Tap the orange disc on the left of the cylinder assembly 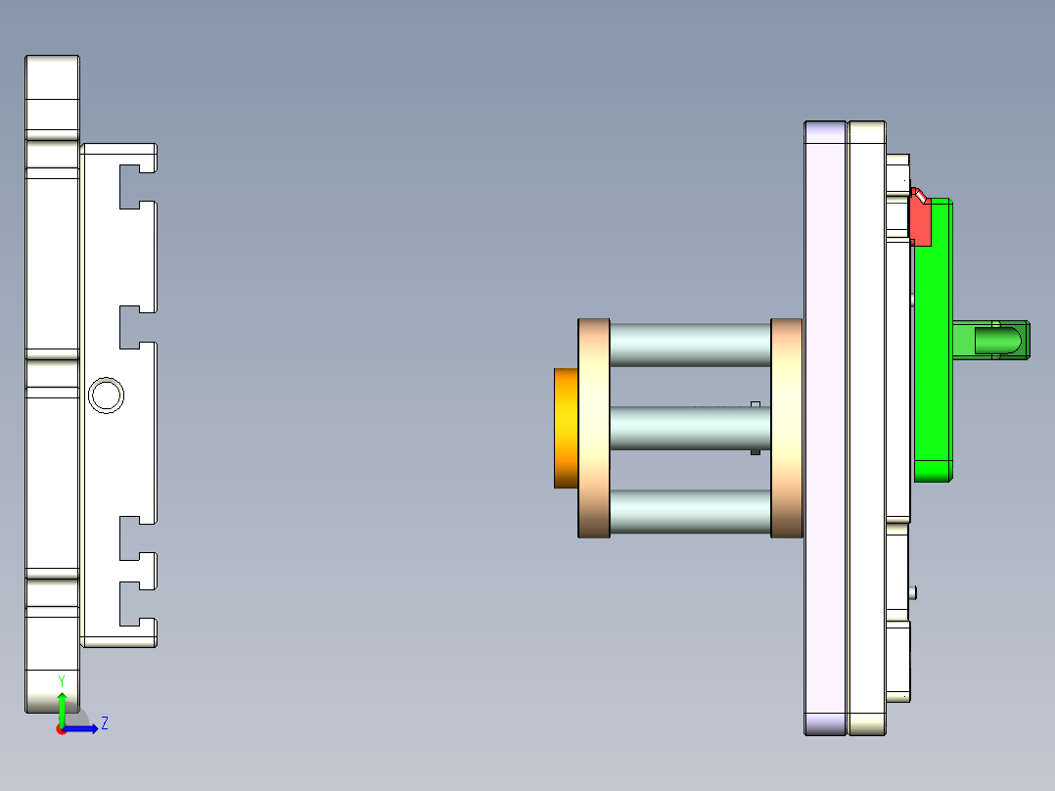pyautogui.click(x=566, y=428)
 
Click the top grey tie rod pyautogui.click(x=690, y=345)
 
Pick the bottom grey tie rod pyautogui.click(x=690, y=511)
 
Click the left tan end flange pyautogui.click(x=594, y=428)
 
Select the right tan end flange pyautogui.click(x=787, y=428)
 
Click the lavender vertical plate pyautogui.click(x=824, y=428)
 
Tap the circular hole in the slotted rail pyautogui.click(x=106, y=395)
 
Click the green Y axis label pyautogui.click(x=62, y=679)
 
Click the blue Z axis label pyautogui.click(x=104, y=723)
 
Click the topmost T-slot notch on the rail pyautogui.click(x=137, y=187)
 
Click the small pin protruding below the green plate pyautogui.click(x=913, y=591)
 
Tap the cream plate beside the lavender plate pyautogui.click(x=867, y=428)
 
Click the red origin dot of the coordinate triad pyautogui.click(x=61, y=729)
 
